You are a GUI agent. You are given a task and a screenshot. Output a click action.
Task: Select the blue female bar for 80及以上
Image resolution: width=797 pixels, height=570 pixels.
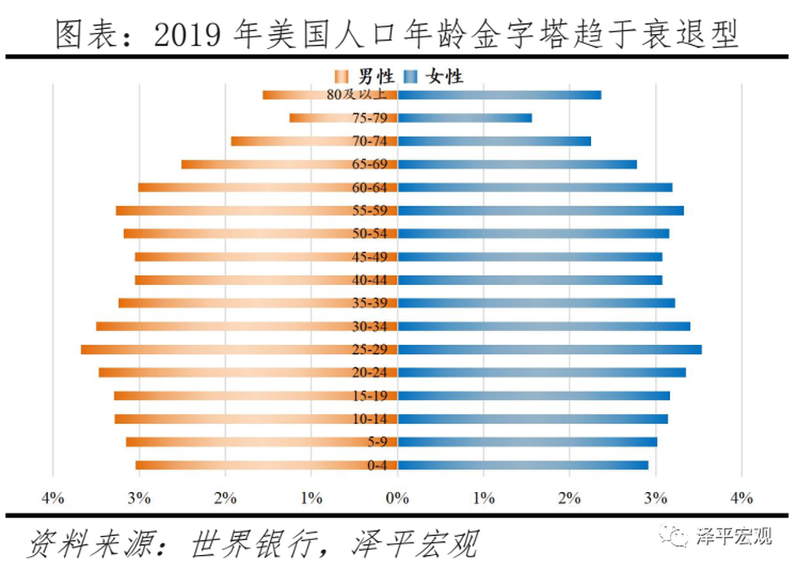[498, 95]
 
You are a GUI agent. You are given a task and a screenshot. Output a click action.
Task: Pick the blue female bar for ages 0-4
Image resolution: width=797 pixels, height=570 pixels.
[523, 465]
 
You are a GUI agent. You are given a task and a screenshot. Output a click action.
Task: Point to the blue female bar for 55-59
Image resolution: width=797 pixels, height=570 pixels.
[540, 211]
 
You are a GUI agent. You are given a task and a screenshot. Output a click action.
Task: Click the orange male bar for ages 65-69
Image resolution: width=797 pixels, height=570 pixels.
[290, 165]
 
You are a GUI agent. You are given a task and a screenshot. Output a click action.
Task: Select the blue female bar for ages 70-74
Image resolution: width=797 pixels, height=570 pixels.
[494, 141]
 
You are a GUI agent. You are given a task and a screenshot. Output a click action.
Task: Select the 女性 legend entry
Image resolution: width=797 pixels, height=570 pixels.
[435, 77]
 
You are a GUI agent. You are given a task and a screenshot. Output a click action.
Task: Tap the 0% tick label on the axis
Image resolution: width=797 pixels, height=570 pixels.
[398, 499]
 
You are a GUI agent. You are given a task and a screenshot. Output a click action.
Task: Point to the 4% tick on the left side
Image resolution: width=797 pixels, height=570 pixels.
[52, 499]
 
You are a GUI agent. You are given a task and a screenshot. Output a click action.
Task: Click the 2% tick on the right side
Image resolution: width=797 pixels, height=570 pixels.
[570, 499]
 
